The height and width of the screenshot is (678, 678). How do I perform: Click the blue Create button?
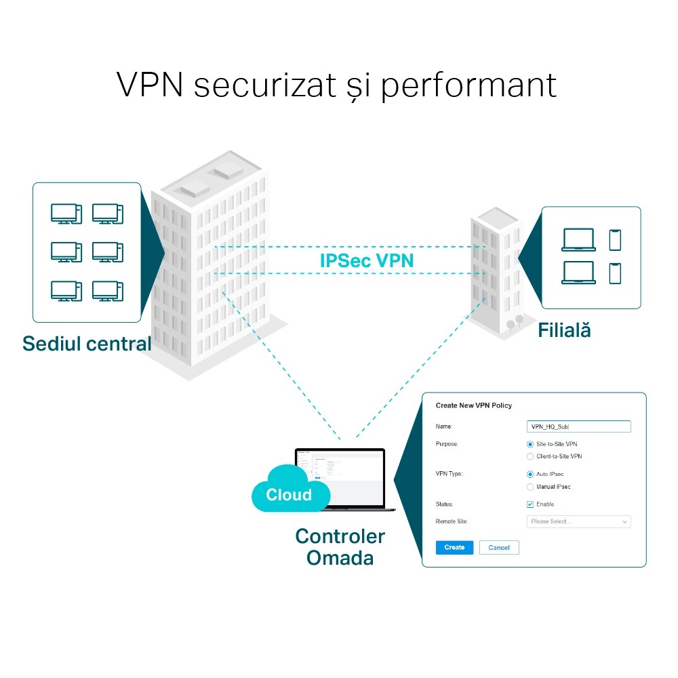454,547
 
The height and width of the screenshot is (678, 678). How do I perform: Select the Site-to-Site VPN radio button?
530,444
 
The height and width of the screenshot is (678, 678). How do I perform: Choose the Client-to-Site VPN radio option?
530,457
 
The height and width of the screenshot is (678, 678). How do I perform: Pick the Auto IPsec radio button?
530,475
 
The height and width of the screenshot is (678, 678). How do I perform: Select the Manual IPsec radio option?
530,487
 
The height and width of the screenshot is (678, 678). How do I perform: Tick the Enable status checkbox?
530,504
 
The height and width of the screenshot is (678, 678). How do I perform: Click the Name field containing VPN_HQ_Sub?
578,426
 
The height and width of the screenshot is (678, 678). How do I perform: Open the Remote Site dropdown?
578,522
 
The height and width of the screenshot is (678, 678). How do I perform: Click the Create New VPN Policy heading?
473,405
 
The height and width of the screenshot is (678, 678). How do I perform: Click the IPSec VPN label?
366,260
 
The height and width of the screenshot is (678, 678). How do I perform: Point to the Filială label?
564,331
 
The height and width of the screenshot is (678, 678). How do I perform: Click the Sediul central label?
87,344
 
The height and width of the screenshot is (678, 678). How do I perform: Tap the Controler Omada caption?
340,547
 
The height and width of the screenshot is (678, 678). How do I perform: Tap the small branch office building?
496,271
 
